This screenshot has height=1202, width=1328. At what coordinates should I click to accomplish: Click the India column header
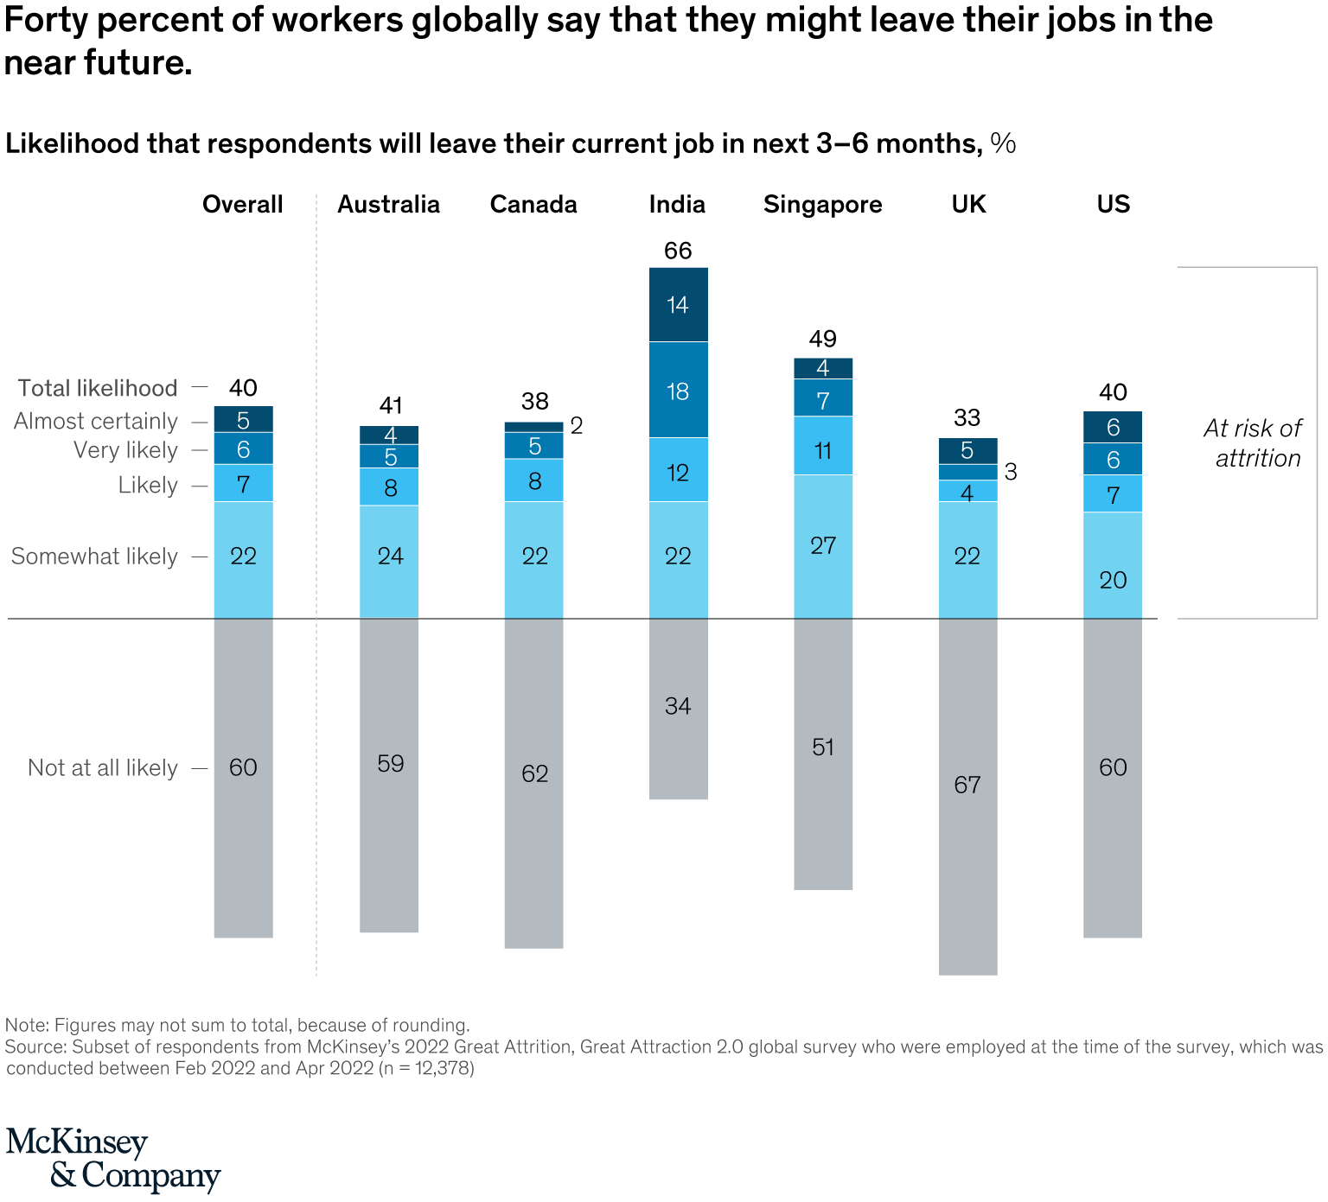point(677,205)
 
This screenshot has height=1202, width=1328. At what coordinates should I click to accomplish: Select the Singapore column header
point(822,205)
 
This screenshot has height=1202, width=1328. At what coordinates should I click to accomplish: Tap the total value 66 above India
point(678,251)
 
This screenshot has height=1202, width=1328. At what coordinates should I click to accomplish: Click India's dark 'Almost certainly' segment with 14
point(678,305)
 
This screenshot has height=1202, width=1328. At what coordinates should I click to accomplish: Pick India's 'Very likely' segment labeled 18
point(678,391)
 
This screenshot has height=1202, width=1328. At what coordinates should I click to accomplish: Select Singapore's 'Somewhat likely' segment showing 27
point(823,545)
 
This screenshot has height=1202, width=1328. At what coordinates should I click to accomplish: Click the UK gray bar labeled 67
point(967,785)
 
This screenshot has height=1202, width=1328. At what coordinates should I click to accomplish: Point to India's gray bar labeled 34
point(678,707)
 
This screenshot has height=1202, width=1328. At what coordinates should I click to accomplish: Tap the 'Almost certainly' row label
point(96,422)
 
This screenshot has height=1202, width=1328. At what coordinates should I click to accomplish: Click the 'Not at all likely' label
point(103,768)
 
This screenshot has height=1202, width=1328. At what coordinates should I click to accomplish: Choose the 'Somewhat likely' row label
point(94,556)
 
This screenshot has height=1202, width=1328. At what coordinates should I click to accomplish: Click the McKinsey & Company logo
point(112,1159)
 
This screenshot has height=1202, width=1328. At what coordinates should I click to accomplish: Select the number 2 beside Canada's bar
point(577,426)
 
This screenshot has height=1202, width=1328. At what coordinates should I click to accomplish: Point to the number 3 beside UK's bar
point(1011,473)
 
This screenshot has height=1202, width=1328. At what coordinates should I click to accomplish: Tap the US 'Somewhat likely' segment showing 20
point(1113,580)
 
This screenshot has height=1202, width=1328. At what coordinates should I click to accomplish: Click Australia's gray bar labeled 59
point(390,764)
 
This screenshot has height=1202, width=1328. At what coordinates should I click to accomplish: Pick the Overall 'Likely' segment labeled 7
point(244,484)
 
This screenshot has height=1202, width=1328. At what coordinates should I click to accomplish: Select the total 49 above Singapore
point(823,339)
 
